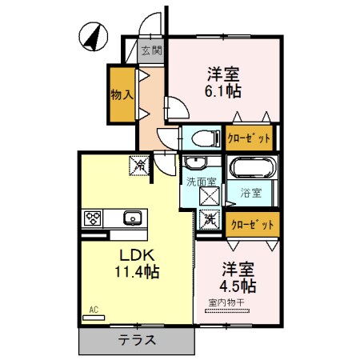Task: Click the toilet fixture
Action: pyautogui.click(x=201, y=137)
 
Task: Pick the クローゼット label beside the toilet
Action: pyautogui.click(x=249, y=138)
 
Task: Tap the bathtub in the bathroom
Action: pyautogui.click(x=253, y=169)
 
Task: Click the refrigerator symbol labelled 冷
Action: pyautogui.click(x=139, y=166)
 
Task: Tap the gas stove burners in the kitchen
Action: pyautogui.click(x=92, y=217)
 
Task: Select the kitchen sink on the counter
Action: pyautogui.click(x=131, y=217)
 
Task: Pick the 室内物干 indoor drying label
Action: pyautogui.click(x=228, y=302)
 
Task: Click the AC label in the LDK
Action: pyautogui.click(x=94, y=310)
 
